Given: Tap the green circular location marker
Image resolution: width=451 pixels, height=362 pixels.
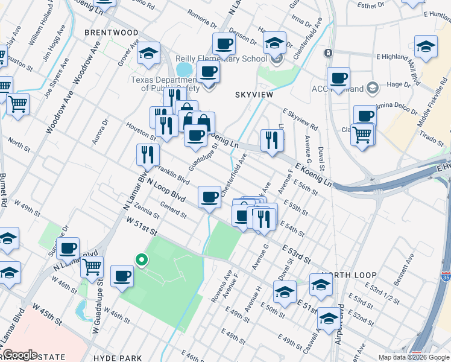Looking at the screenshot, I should point(141,260).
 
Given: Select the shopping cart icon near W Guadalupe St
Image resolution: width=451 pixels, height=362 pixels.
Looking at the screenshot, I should point(92,266).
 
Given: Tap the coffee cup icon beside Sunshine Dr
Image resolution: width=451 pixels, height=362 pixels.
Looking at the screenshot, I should point(68,247).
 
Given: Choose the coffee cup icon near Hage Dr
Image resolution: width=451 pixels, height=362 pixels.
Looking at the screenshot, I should point(338,78).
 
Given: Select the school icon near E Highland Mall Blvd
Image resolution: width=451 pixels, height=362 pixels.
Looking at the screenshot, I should point(425,46).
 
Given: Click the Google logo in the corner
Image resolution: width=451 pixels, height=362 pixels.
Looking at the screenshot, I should point(20,354).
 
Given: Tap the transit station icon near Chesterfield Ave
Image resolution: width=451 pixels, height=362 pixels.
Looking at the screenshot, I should point(328,53).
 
